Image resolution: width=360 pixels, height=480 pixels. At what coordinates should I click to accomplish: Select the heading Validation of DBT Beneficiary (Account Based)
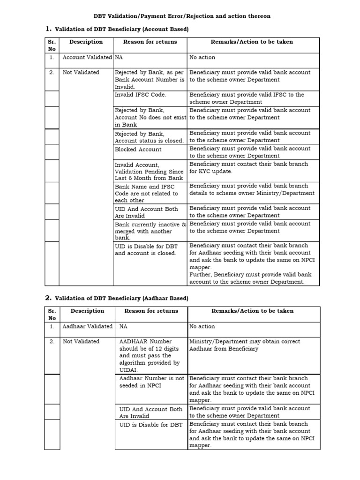point(121,29)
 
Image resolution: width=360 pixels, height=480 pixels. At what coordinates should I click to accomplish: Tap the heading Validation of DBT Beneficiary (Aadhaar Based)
point(121,298)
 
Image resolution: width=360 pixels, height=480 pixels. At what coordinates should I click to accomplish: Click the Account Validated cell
point(87,57)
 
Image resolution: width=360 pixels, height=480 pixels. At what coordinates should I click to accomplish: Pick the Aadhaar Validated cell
point(88,326)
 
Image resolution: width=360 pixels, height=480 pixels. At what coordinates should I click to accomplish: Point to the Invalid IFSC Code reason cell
point(140,95)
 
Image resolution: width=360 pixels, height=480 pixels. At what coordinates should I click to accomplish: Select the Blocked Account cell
point(138,150)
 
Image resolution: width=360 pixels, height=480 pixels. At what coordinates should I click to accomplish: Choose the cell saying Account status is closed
point(149,137)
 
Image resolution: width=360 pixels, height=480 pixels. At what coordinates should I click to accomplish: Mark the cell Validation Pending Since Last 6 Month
point(149,171)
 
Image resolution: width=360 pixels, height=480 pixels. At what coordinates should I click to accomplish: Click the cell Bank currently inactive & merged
point(150,231)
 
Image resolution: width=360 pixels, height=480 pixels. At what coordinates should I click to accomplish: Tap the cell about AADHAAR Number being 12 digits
point(150,355)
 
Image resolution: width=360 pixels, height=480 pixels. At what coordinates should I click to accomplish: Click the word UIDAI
point(129,370)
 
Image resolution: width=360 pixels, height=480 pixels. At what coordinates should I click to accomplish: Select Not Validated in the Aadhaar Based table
point(81,342)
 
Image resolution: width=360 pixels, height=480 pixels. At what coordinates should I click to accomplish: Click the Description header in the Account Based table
point(86,42)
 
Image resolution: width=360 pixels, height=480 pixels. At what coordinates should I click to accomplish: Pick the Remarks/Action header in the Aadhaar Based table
point(252,311)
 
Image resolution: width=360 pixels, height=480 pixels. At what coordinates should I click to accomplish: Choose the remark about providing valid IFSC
point(247,98)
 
